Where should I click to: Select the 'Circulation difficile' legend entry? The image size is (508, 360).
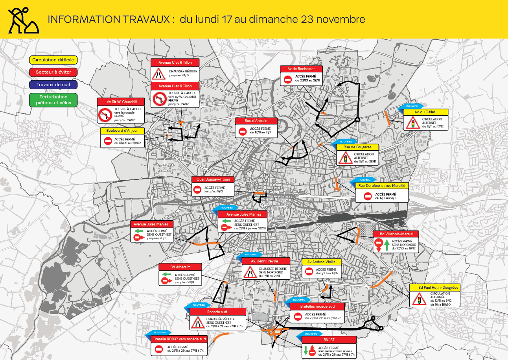tap(53, 60)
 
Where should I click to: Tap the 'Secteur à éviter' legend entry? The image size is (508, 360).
tap(53, 72)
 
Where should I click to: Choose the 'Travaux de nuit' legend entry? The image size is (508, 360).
tap(53, 85)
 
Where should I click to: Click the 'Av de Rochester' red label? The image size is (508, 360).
tap(301, 69)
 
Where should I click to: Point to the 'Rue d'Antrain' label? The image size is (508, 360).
tap(256, 121)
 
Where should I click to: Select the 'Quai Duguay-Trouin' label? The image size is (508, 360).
tap(213, 179)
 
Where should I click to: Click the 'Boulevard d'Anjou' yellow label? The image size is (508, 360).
tap(123, 131)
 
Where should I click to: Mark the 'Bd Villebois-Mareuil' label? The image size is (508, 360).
tap(396, 234)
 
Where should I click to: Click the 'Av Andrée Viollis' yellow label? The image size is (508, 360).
tap(322, 262)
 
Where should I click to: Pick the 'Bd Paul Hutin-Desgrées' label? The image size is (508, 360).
tap(434, 288)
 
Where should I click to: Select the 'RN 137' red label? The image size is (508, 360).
tap(329, 340)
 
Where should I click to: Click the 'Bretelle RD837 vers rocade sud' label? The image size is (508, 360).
tap(179, 339)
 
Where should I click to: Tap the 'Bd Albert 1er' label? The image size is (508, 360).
tap(180, 267)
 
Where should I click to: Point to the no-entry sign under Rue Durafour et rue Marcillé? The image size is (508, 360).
tap(368, 196)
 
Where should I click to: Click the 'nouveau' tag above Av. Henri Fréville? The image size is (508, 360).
tap(251, 254)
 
